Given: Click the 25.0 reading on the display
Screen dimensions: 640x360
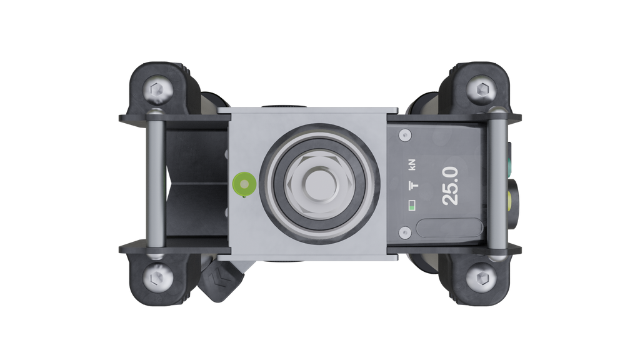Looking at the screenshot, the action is tap(450, 186).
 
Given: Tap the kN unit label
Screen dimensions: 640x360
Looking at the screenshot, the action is tap(412, 164).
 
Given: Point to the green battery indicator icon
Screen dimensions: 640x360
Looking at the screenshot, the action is tap(412, 205).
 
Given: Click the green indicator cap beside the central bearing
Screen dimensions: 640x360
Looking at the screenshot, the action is tap(244, 184).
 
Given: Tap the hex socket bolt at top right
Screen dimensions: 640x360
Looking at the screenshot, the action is tap(483, 89).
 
